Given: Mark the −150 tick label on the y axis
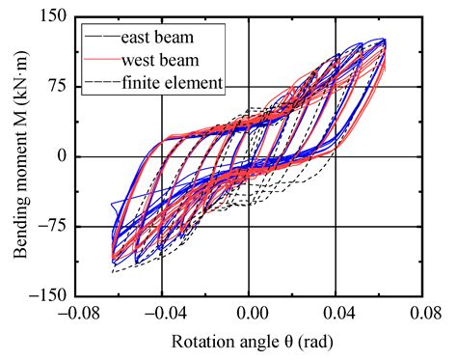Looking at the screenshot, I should click(47, 295).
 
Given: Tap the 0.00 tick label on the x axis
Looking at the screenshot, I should click(251, 315).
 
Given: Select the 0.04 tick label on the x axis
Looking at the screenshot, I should click(336, 315).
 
